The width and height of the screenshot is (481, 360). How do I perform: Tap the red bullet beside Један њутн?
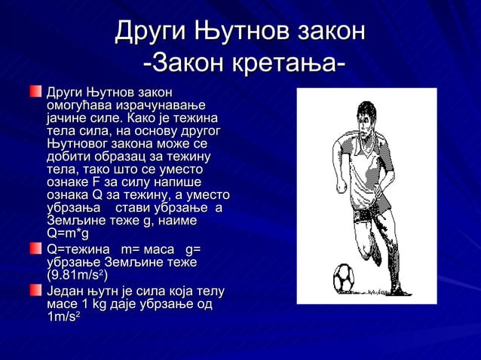(x=35, y=291)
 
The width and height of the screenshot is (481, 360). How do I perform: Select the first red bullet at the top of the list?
(x=35, y=92)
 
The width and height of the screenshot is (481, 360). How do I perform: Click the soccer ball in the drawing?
(x=345, y=277)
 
